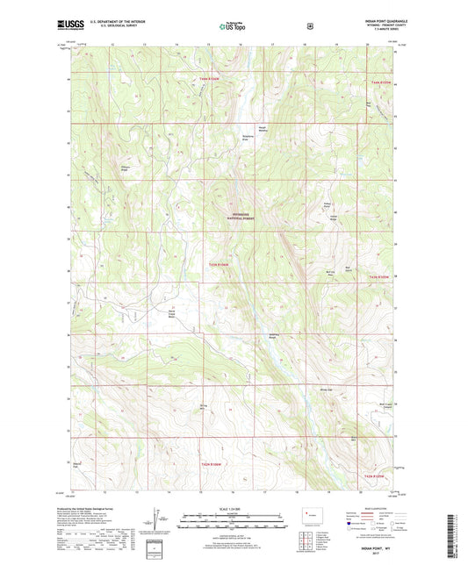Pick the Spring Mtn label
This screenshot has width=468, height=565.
coord(203,406)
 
